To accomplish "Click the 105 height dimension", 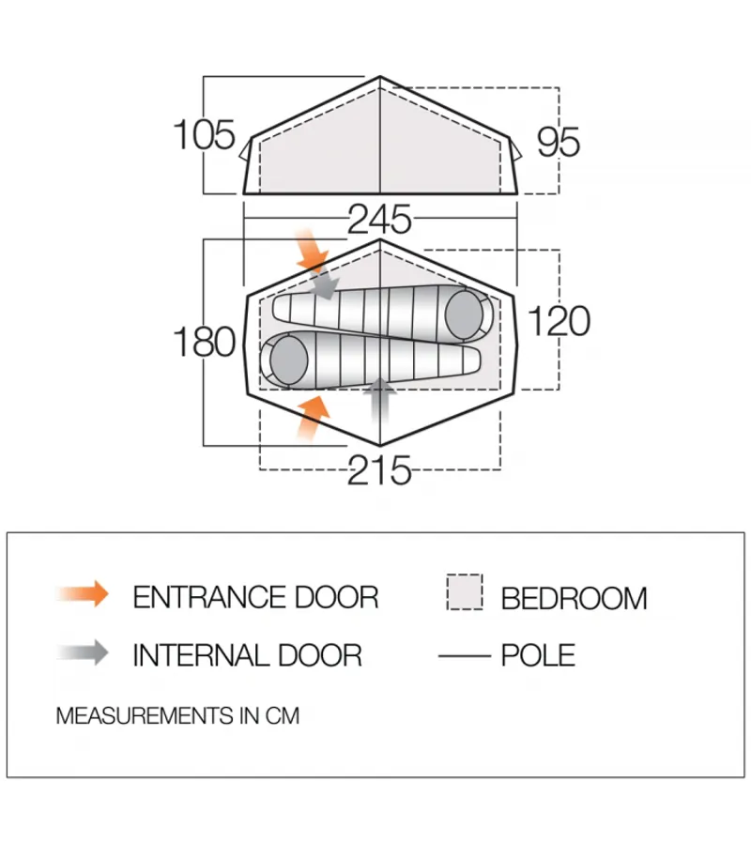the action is [x=204, y=134].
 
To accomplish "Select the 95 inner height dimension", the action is [x=558, y=142].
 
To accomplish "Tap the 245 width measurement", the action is [x=379, y=219].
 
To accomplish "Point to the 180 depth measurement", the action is [x=204, y=342].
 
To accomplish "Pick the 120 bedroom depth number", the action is [x=559, y=321].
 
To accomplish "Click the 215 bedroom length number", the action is [x=379, y=470].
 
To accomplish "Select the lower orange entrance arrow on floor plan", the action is [x=314, y=418].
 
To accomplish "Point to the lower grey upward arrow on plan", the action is [x=380, y=401].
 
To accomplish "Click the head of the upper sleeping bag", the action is [x=464, y=314].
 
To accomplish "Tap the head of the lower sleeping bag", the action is [x=288, y=360].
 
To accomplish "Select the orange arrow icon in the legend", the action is [x=83, y=593].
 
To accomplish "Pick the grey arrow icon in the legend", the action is [x=83, y=652].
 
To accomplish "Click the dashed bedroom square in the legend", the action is [x=465, y=592].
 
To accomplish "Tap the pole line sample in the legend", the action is [x=465, y=655].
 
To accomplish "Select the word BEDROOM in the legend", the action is [x=575, y=598].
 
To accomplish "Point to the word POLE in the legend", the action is [x=538, y=655].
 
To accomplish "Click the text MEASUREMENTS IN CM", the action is [x=177, y=715].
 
